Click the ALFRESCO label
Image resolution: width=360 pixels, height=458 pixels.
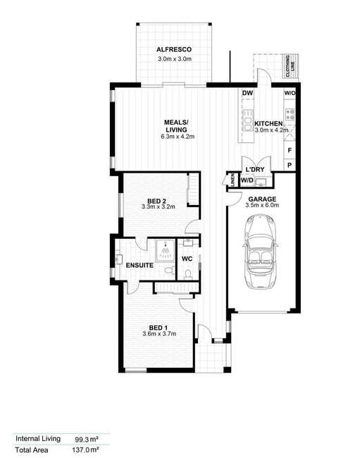point(174,49)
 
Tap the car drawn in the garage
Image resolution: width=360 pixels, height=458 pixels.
point(260,252)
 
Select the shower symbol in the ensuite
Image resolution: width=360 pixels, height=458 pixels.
point(165,251)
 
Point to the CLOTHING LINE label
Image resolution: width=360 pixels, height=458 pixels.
point(290,66)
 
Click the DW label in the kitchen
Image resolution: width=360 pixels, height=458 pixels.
point(247,93)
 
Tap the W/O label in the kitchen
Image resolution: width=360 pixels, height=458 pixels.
point(290,93)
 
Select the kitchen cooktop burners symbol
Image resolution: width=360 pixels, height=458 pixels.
point(290,114)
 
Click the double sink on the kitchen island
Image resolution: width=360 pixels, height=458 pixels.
point(248,120)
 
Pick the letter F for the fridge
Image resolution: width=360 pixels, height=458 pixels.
point(290,150)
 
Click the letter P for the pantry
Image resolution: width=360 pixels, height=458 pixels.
point(290,165)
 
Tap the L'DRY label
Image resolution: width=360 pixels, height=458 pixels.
point(255,169)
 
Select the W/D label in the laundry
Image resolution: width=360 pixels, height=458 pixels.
point(247,180)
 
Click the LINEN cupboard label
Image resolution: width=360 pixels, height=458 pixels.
point(232,180)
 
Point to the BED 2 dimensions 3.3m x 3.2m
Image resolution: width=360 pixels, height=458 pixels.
point(159,206)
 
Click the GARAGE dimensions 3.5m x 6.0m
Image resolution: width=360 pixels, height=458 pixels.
point(262,205)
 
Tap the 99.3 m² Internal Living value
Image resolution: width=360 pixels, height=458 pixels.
point(87,439)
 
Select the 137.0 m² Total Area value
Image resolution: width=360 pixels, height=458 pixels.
point(85,450)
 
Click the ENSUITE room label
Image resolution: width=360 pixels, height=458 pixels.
point(139,265)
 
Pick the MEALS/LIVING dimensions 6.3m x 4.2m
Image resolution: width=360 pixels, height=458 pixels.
point(178,137)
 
